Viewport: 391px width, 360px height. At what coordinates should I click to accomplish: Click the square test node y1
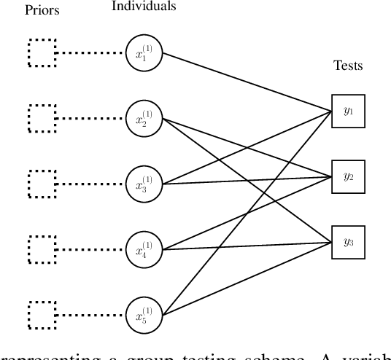tap(347, 111)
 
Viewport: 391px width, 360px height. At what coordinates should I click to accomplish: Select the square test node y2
tap(347, 176)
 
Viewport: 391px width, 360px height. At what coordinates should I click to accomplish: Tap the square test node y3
tap(347, 241)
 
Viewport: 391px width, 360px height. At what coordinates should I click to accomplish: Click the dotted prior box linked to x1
tap(42, 52)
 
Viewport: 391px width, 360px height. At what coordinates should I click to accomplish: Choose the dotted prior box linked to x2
tap(42, 117)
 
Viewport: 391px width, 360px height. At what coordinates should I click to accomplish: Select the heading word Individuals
tap(144, 7)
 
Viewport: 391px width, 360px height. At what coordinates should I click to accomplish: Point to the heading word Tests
tap(347, 66)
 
